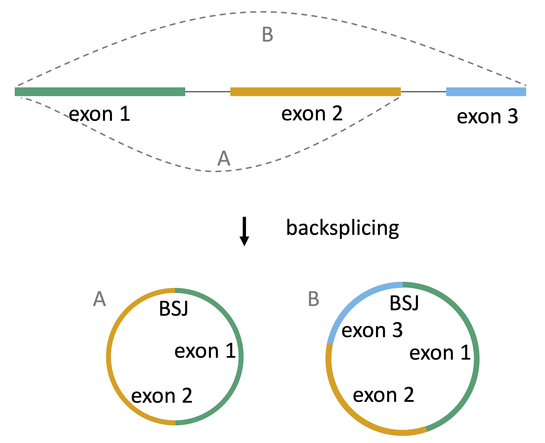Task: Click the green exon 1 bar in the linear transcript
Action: tap(100, 92)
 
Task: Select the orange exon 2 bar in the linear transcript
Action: tap(315, 92)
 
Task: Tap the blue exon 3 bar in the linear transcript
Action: tap(486, 92)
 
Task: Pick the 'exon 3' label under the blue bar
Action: tap(487, 117)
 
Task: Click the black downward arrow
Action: tap(244, 231)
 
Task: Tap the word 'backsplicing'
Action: tap(342, 228)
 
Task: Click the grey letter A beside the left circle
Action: tap(99, 299)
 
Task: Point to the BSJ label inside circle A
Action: tap(174, 309)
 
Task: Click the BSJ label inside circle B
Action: tap(404, 303)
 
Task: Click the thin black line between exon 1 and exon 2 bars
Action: tap(207, 92)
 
